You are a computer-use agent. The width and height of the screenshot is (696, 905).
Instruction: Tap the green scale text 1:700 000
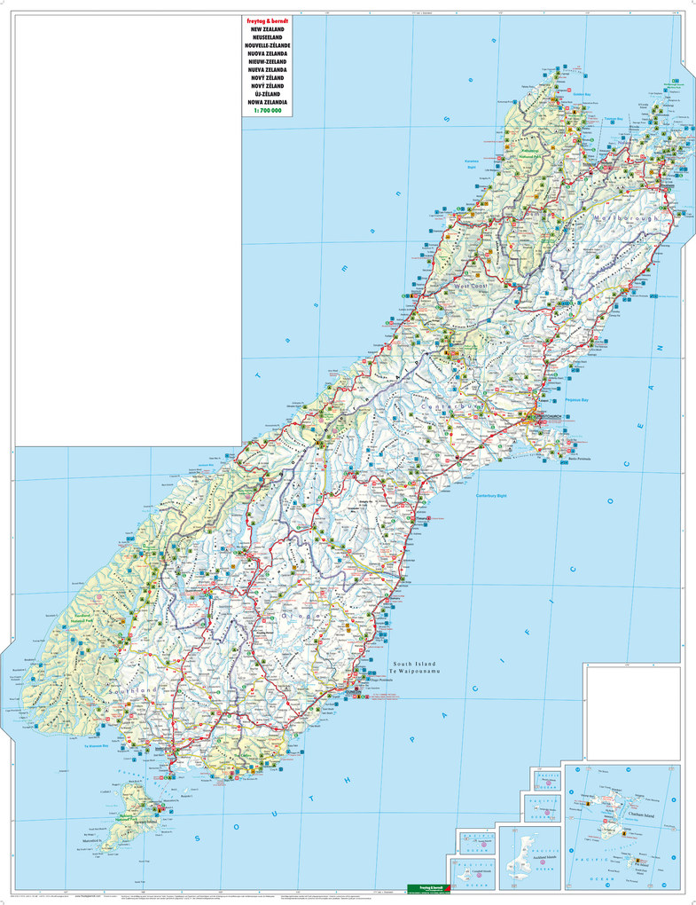tap(266, 112)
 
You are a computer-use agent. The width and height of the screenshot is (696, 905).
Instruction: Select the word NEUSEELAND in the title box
tap(266, 36)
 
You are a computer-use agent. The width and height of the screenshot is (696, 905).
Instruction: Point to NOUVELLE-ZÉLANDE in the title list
tap(266, 44)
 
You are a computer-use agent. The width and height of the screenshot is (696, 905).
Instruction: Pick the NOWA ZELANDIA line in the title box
tap(266, 103)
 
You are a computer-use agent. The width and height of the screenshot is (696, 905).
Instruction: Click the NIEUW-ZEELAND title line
tap(266, 61)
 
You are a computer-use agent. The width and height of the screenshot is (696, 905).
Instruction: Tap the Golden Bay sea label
tap(582, 93)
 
